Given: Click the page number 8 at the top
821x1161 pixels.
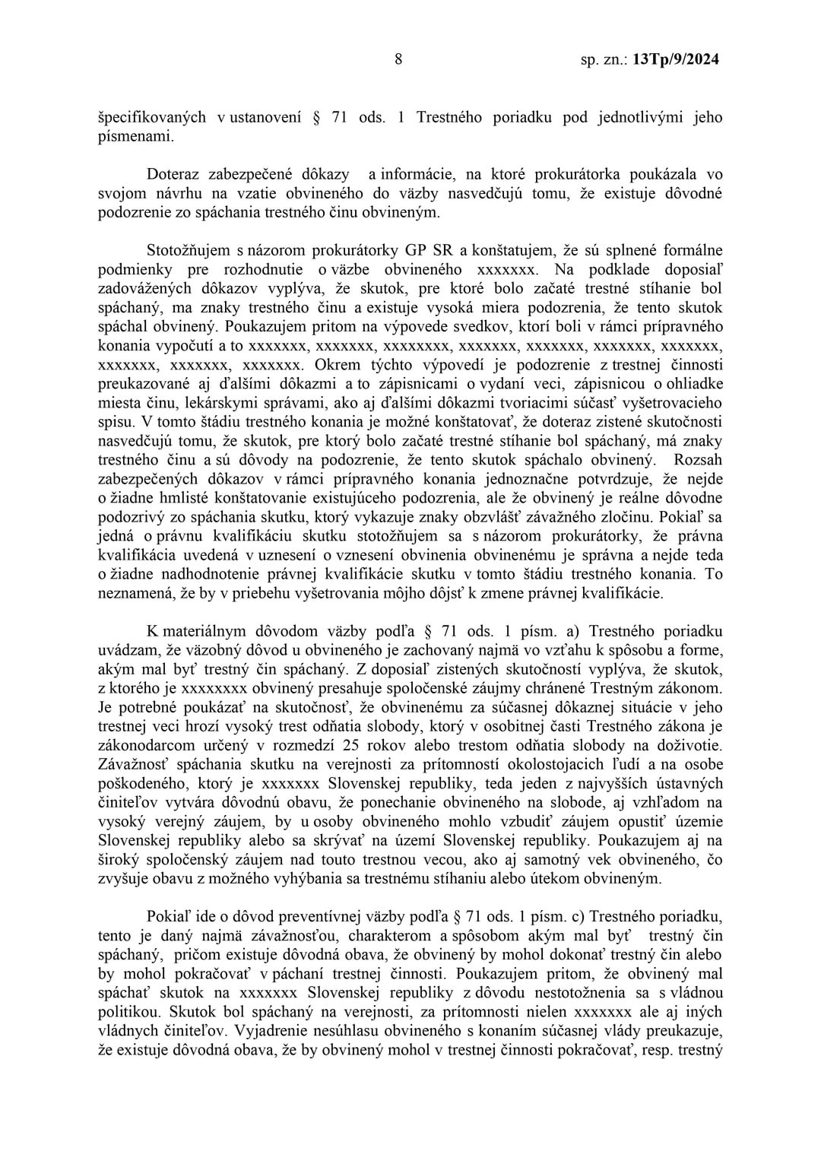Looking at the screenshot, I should click(398, 59).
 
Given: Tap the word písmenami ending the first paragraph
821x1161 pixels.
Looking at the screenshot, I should click(125, 137).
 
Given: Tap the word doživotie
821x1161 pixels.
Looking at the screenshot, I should click(687, 746).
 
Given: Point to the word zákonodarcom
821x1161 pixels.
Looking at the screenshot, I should click(144, 746).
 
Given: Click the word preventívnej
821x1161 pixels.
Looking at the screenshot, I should click(293, 917).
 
